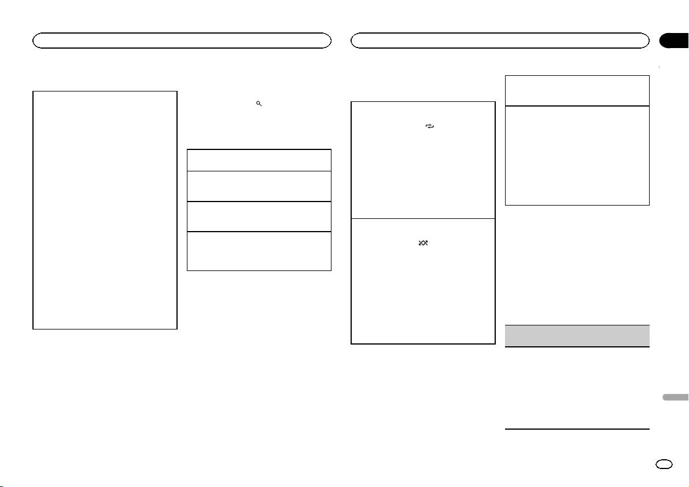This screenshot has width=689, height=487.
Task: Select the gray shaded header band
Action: point(577,335)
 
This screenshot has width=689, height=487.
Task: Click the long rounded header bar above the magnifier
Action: point(182,40)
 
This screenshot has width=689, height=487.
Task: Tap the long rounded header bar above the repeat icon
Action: point(500,40)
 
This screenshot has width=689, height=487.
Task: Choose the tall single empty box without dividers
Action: point(105,210)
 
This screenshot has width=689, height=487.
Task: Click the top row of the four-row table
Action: point(259,160)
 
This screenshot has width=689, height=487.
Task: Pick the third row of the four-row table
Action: point(259,215)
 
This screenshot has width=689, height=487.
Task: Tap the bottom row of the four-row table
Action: point(259,251)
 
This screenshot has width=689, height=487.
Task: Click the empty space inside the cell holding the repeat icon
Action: point(423,174)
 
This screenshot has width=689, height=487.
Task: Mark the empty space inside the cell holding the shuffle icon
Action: point(423,295)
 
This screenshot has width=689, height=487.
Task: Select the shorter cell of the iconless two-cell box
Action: point(577,90)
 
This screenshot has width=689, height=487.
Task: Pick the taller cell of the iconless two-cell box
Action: point(577,155)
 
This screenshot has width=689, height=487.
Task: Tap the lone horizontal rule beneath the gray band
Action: point(577,429)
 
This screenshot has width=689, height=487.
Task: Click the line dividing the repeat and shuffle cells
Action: point(423,218)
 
